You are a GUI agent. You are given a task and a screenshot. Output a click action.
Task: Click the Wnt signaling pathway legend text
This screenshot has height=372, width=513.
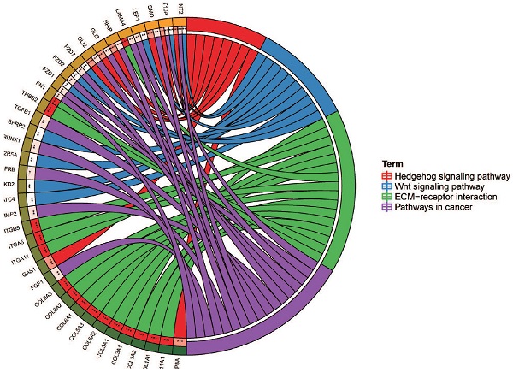[x=435, y=186]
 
